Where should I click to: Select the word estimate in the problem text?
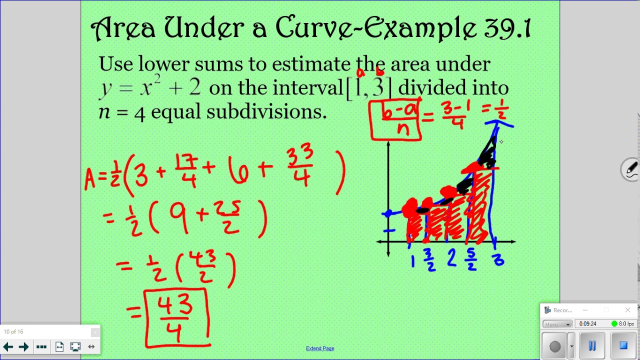coord(311,64)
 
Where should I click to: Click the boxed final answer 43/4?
coord(175,317)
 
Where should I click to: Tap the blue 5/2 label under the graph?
coord(471,260)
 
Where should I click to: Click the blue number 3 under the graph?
coord(498,260)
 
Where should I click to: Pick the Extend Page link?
coord(320,348)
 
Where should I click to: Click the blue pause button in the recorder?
coord(592,346)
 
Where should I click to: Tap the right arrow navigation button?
coord(23,346)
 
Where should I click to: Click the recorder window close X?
coord(627,310)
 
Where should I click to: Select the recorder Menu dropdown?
coord(557,324)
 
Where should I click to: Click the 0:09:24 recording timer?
coord(587,324)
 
